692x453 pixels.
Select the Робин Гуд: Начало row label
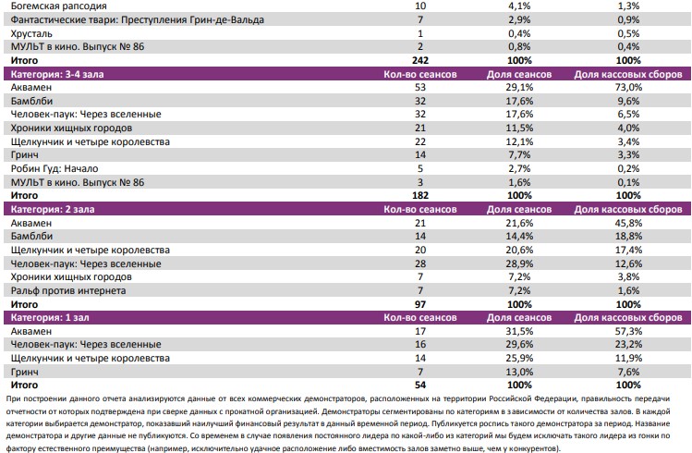(x=55, y=169)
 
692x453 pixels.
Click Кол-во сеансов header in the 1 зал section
(x=419, y=318)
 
